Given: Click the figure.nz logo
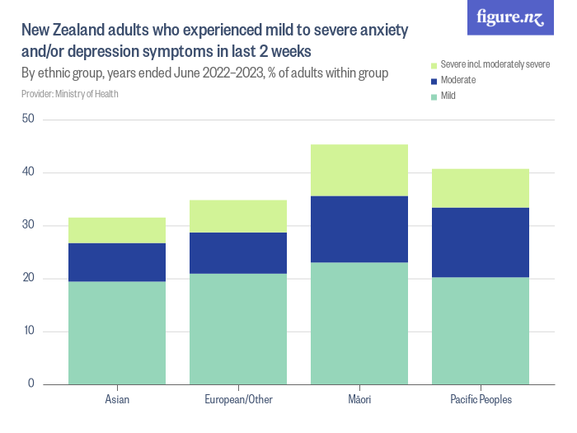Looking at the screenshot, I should pos(510,17).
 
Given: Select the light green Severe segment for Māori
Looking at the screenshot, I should pos(359,170).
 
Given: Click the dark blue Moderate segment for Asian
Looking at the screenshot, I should pos(117,262).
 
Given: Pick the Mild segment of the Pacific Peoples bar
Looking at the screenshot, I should pos(481,330).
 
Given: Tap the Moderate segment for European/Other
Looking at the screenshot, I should pos(238,253).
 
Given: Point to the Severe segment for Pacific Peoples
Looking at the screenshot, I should pos(481,188).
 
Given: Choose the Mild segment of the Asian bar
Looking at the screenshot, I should pos(117,332).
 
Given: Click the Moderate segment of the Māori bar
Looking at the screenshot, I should pos(359,229).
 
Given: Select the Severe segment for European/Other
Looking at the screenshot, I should pos(238,216).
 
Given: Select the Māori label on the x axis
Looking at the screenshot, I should pos(359,400).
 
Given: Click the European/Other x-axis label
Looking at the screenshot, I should pos(238,400).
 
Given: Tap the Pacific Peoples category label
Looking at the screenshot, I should pos(481,400).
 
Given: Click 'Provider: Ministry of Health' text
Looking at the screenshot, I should pos(70,94).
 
